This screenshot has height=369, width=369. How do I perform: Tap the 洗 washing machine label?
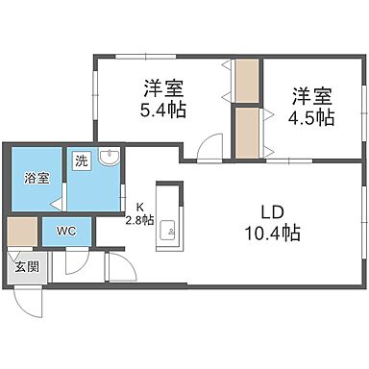82,161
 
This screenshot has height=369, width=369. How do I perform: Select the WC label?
65,232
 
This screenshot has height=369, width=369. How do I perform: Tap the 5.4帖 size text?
163,111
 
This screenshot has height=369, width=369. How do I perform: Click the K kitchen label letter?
139,207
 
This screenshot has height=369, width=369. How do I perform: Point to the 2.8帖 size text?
139,218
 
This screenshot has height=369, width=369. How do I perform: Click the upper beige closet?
248,83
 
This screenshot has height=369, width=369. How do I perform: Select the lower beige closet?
248,133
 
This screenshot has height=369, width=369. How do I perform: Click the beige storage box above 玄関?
21,232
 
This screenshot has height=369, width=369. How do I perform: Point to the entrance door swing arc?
32,297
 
